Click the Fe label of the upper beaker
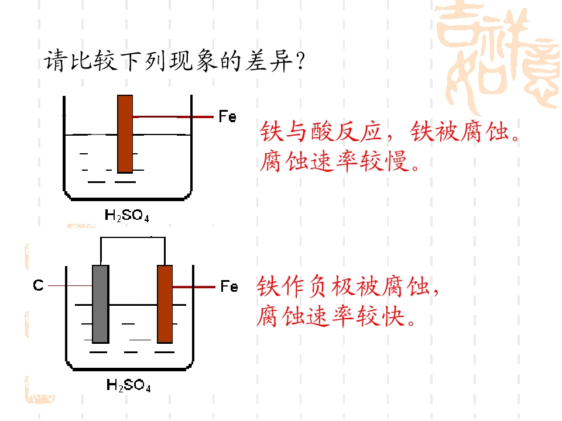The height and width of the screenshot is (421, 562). (x=228, y=117)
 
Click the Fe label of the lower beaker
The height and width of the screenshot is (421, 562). (x=229, y=287)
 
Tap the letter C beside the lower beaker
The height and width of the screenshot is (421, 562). (x=39, y=285)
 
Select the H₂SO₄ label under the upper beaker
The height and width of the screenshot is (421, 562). (x=127, y=216)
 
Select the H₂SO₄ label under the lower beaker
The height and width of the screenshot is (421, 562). (x=129, y=385)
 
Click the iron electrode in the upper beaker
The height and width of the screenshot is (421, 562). (x=125, y=134)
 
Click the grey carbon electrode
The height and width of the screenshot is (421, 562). (x=101, y=304)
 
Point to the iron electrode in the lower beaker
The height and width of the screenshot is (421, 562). (x=165, y=304)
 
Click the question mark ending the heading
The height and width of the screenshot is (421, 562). (x=300, y=61)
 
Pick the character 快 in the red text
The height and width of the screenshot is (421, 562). (x=393, y=316)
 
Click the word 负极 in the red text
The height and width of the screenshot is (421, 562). (x=330, y=287)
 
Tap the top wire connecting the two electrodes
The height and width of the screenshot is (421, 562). (x=133, y=237)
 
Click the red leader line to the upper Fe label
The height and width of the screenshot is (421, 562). (x=173, y=117)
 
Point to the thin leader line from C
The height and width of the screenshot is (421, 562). (x=70, y=286)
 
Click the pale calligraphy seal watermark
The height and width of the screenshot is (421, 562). (x=498, y=57)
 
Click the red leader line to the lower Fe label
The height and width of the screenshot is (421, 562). (x=194, y=287)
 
